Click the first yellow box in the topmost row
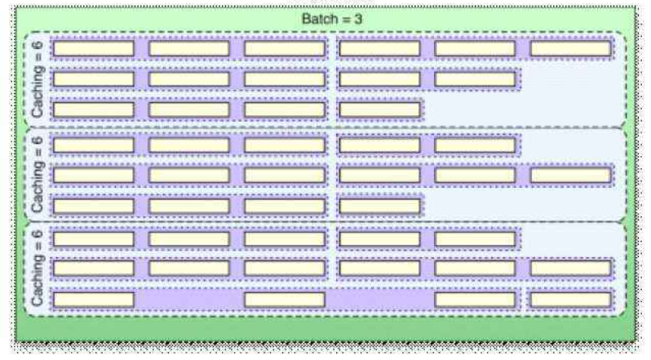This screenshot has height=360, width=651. click(93, 48)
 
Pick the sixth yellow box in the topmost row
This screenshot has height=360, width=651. click(570, 48)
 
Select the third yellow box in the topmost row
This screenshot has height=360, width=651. click(285, 48)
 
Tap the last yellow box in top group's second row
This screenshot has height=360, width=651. click(475, 79)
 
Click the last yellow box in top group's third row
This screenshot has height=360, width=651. click(379, 109)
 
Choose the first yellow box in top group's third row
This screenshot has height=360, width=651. click(93, 109)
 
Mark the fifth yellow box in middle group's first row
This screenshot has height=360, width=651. click(475, 145)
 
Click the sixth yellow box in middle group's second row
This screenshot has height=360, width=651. click(570, 175)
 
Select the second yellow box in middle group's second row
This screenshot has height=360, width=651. click(189, 175)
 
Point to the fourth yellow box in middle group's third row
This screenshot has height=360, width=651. click(379, 205)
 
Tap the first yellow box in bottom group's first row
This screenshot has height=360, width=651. click(93, 239)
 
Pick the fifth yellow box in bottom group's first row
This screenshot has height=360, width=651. click(475, 239)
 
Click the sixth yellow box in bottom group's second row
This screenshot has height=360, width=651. click(570, 268)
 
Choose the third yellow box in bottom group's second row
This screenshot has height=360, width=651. click(285, 268)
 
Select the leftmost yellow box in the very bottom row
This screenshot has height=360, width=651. click(93, 299)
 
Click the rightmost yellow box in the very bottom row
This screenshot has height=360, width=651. click(570, 299)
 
